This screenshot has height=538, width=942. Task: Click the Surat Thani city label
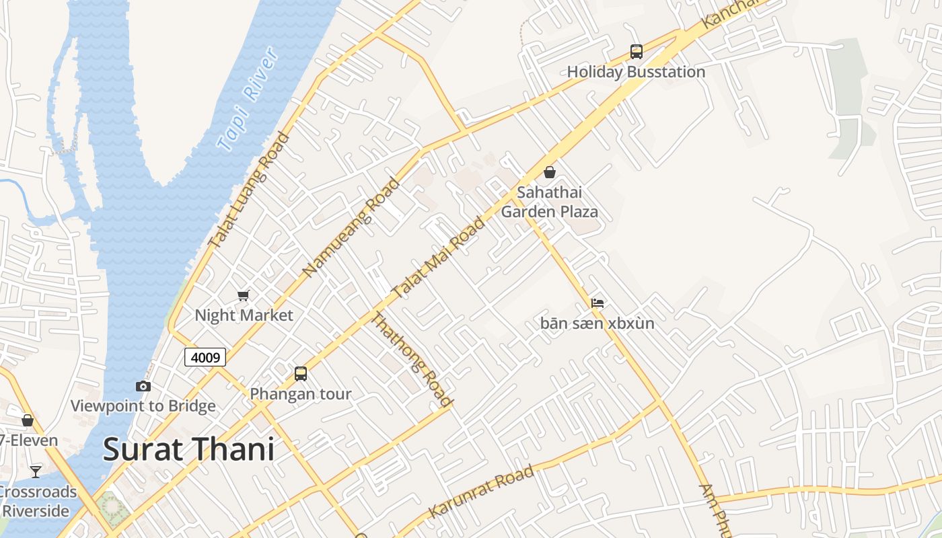click(x=189, y=449)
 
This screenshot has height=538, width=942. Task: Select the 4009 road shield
click(x=205, y=357)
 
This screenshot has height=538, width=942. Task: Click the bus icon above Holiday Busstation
click(x=636, y=51)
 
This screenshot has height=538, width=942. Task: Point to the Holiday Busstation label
click(x=636, y=72)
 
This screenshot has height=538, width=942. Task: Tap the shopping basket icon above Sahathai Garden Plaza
click(x=550, y=172)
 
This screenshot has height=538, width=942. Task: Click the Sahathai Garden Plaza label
click(x=550, y=202)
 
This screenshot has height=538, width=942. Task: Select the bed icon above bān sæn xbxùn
click(x=597, y=303)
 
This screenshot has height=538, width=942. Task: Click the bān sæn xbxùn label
click(x=597, y=323)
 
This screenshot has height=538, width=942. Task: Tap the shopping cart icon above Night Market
click(x=244, y=295)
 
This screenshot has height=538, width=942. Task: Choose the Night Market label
click(x=244, y=315)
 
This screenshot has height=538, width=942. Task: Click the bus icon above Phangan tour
click(x=301, y=373)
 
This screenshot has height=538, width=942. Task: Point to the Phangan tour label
click(x=301, y=394)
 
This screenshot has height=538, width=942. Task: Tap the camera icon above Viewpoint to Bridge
click(x=143, y=386)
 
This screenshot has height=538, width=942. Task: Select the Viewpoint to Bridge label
click(x=143, y=406)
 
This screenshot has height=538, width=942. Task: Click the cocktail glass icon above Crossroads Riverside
click(x=36, y=471)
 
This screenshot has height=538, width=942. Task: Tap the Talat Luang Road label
click(x=248, y=190)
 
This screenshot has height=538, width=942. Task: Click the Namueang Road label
click(x=351, y=227)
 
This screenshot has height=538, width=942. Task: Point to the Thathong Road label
click(x=411, y=360)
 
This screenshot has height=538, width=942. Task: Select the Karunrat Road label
click(x=481, y=491)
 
